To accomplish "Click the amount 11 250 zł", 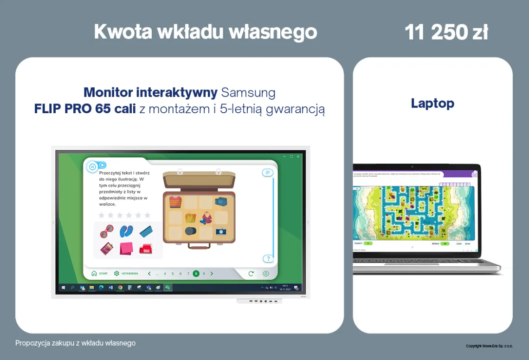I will (445, 32).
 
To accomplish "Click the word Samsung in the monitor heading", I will (248, 92).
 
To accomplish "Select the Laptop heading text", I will (432, 103).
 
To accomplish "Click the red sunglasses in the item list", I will (107, 231).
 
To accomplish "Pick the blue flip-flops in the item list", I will (126, 231).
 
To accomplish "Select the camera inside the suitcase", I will (221, 231).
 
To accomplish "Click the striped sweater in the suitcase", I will (175, 202).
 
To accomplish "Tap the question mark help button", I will (267, 258).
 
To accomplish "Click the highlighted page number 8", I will (196, 274).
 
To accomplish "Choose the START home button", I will (99, 274).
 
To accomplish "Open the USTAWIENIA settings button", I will (126, 274).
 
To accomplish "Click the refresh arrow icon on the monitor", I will (251, 274).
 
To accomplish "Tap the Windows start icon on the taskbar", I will (63, 288).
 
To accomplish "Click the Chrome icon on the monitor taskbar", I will (120, 288).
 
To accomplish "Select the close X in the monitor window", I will (298, 156).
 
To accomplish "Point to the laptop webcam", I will (412, 166).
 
